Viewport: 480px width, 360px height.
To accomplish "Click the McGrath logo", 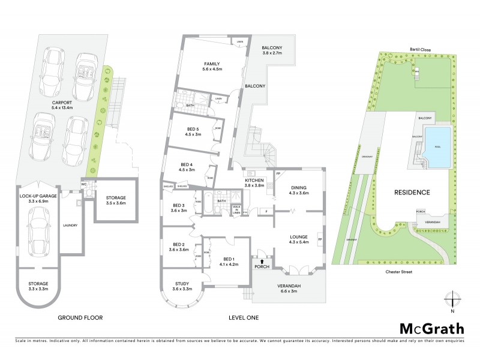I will pyautogui.click(x=431, y=328).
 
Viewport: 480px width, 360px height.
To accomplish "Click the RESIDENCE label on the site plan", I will pyautogui.click(x=413, y=193).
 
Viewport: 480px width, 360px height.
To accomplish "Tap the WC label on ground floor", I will pyautogui.click(x=84, y=184).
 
